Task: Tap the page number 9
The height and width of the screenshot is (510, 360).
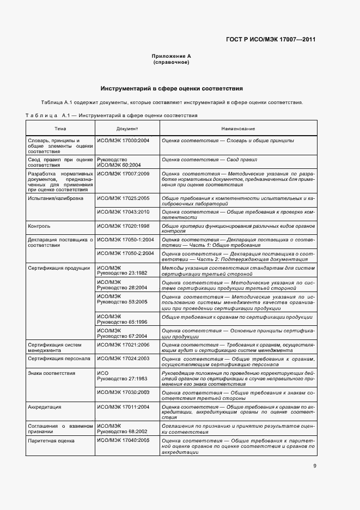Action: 315,465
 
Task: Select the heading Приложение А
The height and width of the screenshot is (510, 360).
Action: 172,56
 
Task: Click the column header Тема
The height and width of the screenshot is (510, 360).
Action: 60,129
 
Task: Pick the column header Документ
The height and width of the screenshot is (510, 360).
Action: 127,129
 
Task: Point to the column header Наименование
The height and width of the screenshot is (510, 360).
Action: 238,129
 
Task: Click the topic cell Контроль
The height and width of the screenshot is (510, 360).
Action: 39,225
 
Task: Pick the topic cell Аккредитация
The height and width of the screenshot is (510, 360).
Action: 45,407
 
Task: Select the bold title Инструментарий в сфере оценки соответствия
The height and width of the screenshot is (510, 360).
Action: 172,88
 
